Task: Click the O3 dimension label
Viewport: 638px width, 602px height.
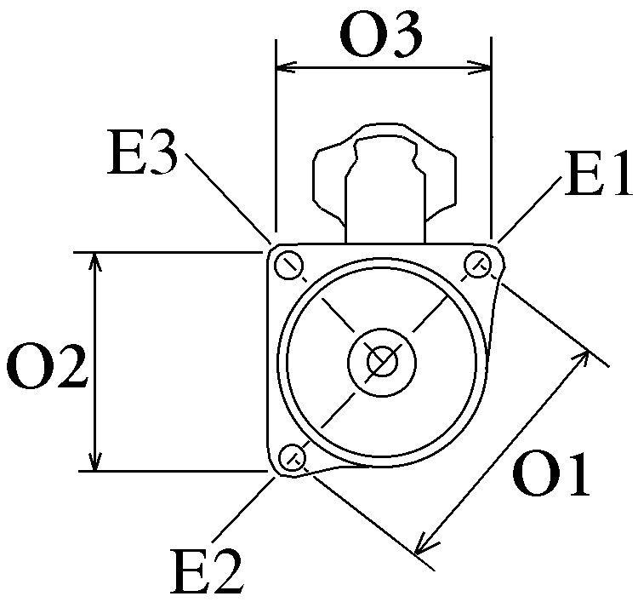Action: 380,36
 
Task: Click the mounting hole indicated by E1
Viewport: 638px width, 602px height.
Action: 477,264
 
